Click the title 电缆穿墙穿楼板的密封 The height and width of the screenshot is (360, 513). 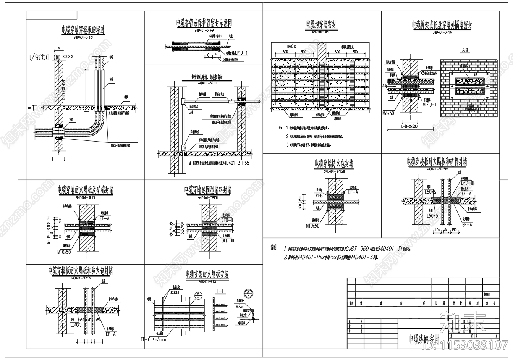click(x=84, y=30)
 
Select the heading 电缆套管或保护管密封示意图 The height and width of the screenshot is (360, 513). click(x=204, y=24)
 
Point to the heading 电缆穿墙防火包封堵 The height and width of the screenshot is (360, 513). click(x=334, y=164)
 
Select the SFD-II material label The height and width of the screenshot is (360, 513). click(x=227, y=220)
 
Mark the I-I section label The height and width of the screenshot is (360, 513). click(x=220, y=291)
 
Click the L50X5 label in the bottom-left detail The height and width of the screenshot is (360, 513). click(x=76, y=324)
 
